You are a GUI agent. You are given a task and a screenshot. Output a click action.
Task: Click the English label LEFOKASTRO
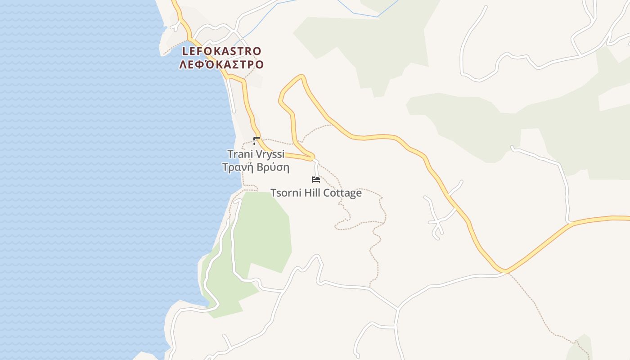pos(221,51)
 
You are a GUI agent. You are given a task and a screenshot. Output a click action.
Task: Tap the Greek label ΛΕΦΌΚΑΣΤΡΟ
pos(221,65)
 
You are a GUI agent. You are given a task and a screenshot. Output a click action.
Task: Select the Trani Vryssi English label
pos(256,154)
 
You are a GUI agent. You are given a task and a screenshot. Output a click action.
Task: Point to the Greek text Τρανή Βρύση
pos(256,168)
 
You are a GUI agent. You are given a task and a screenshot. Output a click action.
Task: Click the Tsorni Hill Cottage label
pos(316,193)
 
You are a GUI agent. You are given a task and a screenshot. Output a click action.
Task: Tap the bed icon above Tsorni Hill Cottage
pos(316,180)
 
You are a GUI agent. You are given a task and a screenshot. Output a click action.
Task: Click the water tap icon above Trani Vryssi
pos(256,140)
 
